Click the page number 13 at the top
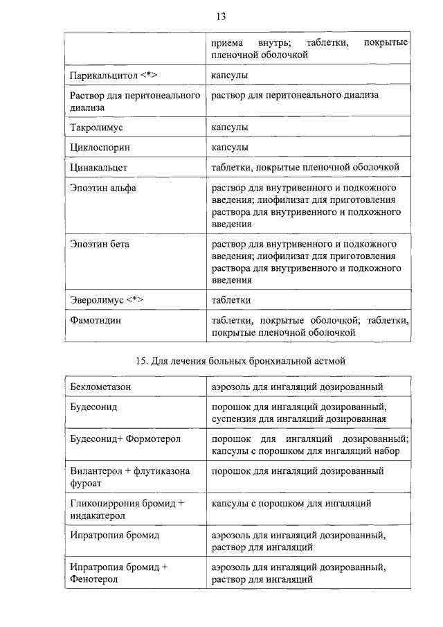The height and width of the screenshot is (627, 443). point(221,16)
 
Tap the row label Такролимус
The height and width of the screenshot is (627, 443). point(97,128)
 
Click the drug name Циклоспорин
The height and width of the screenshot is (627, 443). point(100,148)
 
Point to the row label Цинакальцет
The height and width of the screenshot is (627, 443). point(99,168)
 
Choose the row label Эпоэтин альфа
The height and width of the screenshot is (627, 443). point(103,188)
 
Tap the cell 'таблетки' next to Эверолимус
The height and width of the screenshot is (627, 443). point(230,300)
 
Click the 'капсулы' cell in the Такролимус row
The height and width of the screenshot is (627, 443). point(230,128)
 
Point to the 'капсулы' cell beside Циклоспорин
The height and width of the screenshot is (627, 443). point(230,148)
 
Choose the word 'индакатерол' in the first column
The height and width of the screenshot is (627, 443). point(98,515)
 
